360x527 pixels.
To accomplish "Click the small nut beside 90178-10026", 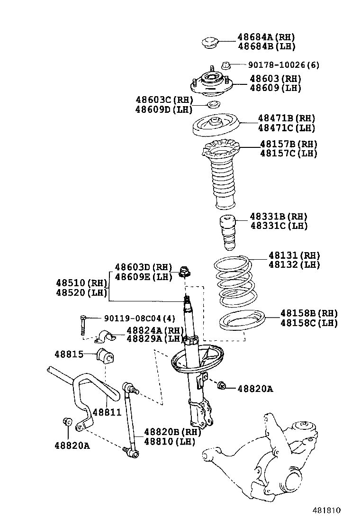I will click(226, 65).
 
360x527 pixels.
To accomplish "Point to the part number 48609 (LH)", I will click(275, 88).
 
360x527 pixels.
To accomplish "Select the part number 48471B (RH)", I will click(287, 118).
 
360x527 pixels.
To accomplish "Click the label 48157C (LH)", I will click(288, 154).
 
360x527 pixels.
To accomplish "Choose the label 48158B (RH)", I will click(309, 313).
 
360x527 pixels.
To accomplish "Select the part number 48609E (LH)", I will click(143, 277).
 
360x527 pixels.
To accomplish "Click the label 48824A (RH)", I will click(154, 330).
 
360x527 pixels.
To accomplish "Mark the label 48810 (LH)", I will click(169, 442).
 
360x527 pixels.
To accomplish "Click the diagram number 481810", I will click(326, 511).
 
